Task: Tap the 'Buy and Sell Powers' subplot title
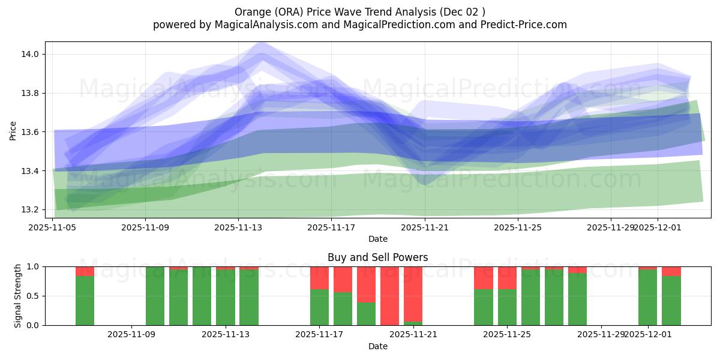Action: [x=377, y=257]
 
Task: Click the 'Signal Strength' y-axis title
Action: [x=18, y=296]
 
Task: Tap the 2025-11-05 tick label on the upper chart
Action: [x=53, y=227]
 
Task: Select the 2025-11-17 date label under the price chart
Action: [x=331, y=227]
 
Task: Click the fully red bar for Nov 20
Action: [x=389, y=296]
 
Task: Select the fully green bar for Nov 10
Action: [x=155, y=296]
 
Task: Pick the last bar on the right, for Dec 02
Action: [x=671, y=300]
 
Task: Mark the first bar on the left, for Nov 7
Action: [x=85, y=300]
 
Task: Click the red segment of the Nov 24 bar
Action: [x=483, y=278]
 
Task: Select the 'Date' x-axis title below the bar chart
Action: [x=377, y=346]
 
